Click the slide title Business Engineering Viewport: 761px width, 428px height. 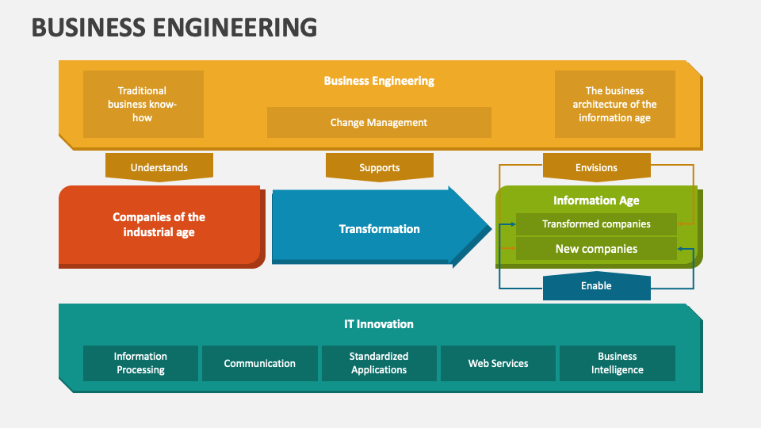pyautogui.click(x=174, y=27)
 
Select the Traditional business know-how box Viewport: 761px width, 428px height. pyautogui.click(x=143, y=104)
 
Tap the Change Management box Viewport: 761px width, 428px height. pyautogui.click(x=379, y=122)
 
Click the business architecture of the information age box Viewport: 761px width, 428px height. pyautogui.click(x=614, y=104)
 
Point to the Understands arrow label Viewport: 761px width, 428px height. pyautogui.click(x=159, y=167)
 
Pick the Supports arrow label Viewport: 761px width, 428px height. pyautogui.click(x=379, y=167)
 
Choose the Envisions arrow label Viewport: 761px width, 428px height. pyautogui.click(x=596, y=167)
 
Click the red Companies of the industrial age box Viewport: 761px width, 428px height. pyautogui.click(x=159, y=225)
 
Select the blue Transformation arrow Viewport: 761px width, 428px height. pyautogui.click(x=379, y=229)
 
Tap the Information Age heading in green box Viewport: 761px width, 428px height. pyautogui.click(x=596, y=201)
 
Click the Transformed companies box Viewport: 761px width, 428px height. pyautogui.click(x=596, y=224)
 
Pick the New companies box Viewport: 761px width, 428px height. pyautogui.click(x=596, y=249)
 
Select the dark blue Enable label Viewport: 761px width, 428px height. pyautogui.click(x=596, y=286)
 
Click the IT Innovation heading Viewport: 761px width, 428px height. pyautogui.click(x=379, y=324)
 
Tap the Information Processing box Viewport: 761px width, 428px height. pyautogui.click(x=140, y=363)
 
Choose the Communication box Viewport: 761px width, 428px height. pyautogui.click(x=260, y=363)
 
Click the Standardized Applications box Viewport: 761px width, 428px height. pyautogui.click(x=379, y=363)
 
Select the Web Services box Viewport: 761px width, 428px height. pyautogui.click(x=498, y=363)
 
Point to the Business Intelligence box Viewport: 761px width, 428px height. pyautogui.click(x=617, y=363)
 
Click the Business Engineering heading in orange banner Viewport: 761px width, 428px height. pyautogui.click(x=379, y=81)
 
